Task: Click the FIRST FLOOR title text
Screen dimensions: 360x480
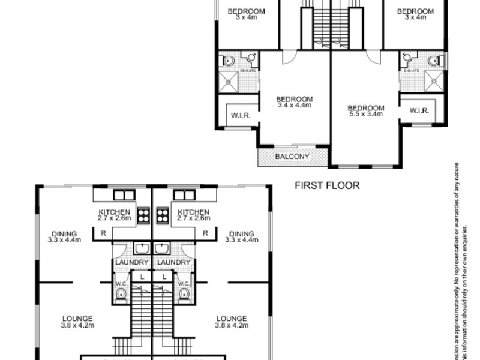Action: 327,185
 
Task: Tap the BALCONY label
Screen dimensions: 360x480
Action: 292,157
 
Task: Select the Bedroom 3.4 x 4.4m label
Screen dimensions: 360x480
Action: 294,102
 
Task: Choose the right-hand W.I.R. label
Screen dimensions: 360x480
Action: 418,111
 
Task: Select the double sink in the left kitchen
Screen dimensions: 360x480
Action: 122,195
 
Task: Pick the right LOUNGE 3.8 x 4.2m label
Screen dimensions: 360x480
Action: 231,322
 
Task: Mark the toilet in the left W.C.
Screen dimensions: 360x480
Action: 120,293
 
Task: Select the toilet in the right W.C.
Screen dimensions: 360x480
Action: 185,293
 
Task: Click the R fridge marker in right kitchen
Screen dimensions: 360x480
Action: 205,233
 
